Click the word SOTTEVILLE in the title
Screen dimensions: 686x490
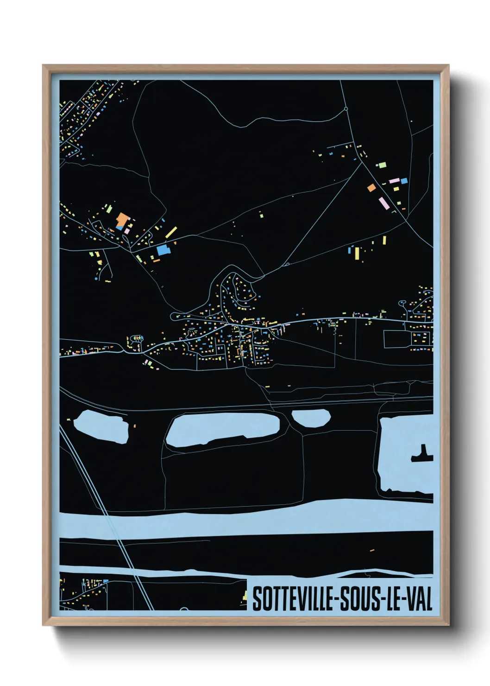click(293, 599)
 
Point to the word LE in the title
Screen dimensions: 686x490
click(391, 599)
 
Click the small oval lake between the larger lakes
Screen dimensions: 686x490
click(311, 418)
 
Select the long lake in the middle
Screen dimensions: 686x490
click(222, 429)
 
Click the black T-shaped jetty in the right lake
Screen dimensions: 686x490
click(422, 455)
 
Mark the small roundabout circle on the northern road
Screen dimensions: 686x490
click(346, 109)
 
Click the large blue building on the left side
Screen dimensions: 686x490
click(163, 250)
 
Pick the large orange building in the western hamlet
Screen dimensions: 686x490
click(122, 218)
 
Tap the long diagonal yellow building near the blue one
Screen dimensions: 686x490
click(171, 232)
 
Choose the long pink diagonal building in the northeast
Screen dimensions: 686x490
click(383, 203)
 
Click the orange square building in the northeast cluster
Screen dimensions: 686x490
click(371, 188)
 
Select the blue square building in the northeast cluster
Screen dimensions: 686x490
click(404, 181)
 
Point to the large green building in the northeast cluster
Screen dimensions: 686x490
click(382, 165)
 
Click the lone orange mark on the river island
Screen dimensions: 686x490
click(372, 550)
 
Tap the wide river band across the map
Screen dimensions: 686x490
click(245, 519)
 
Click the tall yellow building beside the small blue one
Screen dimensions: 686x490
click(357, 254)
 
